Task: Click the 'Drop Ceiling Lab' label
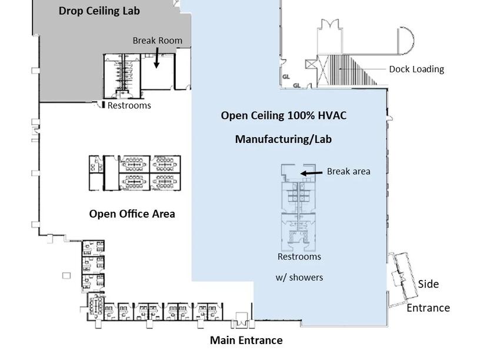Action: pos(99,11)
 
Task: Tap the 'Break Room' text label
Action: pos(157,41)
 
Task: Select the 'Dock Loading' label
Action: pos(416,69)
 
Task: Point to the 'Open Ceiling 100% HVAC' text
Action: pos(284,115)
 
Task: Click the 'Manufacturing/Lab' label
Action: pos(284,139)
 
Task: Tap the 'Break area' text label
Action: pos(348,171)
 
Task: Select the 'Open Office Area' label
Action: pos(132,214)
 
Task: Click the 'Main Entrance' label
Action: pos(246,340)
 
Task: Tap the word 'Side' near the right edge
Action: pos(428,284)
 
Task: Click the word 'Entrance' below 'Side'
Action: pos(428,308)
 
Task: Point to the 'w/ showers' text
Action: pos(299,277)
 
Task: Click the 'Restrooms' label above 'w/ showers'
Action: pos(299,256)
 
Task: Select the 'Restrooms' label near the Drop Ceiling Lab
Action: pos(129,105)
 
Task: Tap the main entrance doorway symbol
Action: pos(241,321)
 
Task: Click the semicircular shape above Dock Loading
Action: pos(406,39)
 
